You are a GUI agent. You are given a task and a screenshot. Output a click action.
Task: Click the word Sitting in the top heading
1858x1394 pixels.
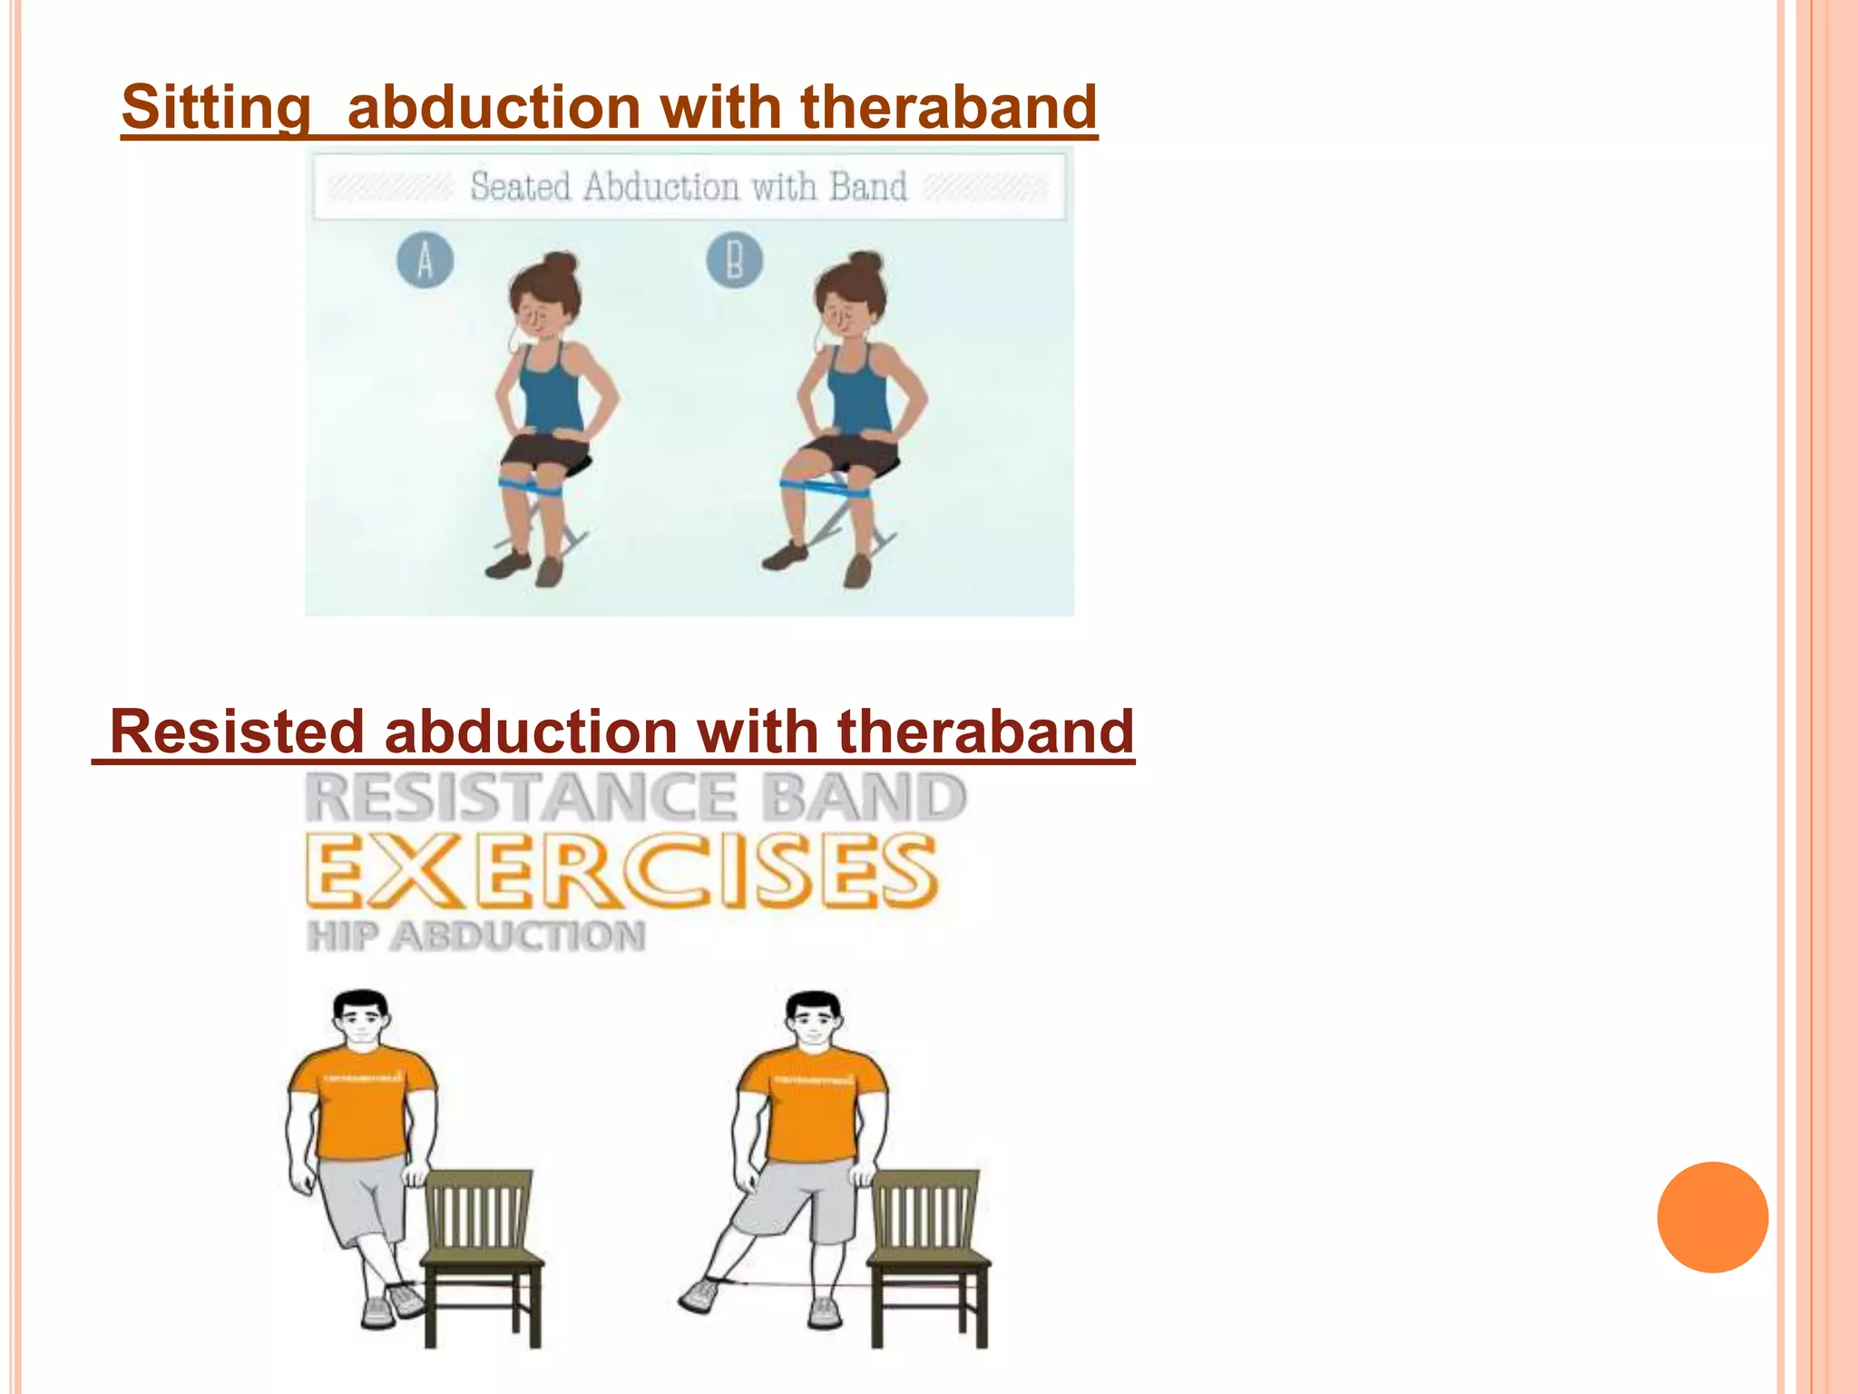(x=216, y=107)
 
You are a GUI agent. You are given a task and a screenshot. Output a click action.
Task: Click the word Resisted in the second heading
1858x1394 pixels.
(x=236, y=731)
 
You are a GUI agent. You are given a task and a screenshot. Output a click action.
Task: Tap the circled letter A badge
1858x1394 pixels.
(x=425, y=260)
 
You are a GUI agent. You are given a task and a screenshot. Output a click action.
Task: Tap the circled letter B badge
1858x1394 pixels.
(x=734, y=260)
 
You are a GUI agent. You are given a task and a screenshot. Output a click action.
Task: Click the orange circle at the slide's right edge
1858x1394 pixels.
(x=1712, y=1217)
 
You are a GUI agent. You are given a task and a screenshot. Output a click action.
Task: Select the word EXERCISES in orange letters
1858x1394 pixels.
(x=621, y=871)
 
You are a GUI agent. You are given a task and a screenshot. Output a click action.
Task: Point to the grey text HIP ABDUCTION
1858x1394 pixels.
(x=476, y=937)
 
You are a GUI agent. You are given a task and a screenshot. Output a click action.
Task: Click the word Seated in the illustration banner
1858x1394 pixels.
(x=520, y=187)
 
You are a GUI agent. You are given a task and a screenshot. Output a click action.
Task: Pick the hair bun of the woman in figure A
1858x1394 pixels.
(x=560, y=264)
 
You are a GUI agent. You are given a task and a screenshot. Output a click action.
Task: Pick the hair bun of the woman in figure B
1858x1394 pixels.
(x=865, y=263)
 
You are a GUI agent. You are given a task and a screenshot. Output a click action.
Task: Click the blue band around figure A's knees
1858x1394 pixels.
(x=532, y=486)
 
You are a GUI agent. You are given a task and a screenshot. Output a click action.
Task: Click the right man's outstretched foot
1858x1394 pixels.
(x=699, y=1294)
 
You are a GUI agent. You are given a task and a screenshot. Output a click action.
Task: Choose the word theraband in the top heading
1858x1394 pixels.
(x=948, y=107)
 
